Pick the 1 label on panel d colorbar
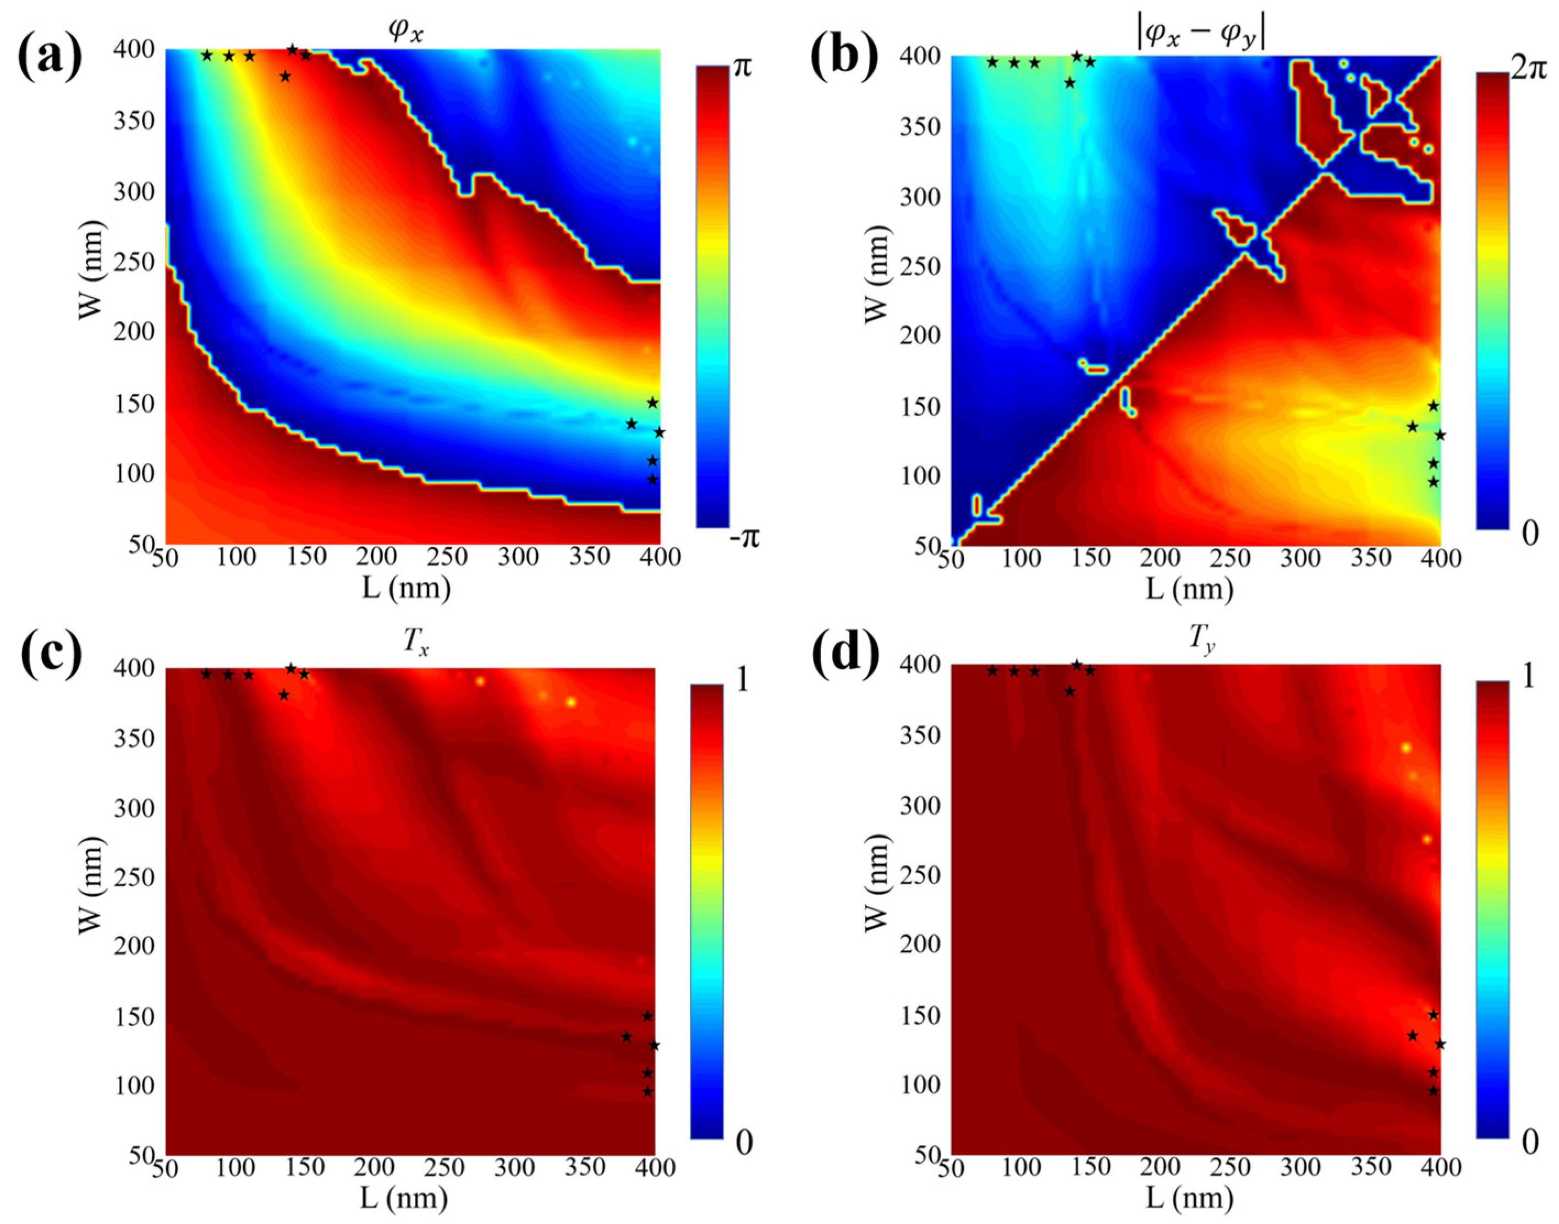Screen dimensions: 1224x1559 (x=1528, y=678)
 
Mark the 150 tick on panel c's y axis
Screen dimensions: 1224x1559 (x=134, y=1017)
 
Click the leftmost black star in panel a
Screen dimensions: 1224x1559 (x=207, y=55)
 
